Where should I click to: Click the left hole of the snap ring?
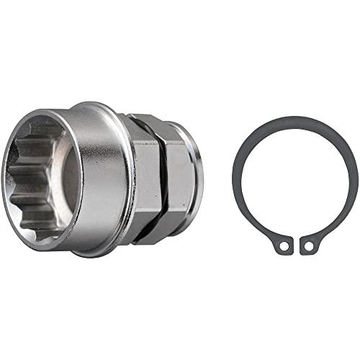[x=285, y=246]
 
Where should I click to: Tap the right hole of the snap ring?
[x=309, y=246]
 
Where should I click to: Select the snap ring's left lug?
[x=283, y=244]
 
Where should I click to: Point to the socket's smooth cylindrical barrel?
[x=104, y=180]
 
